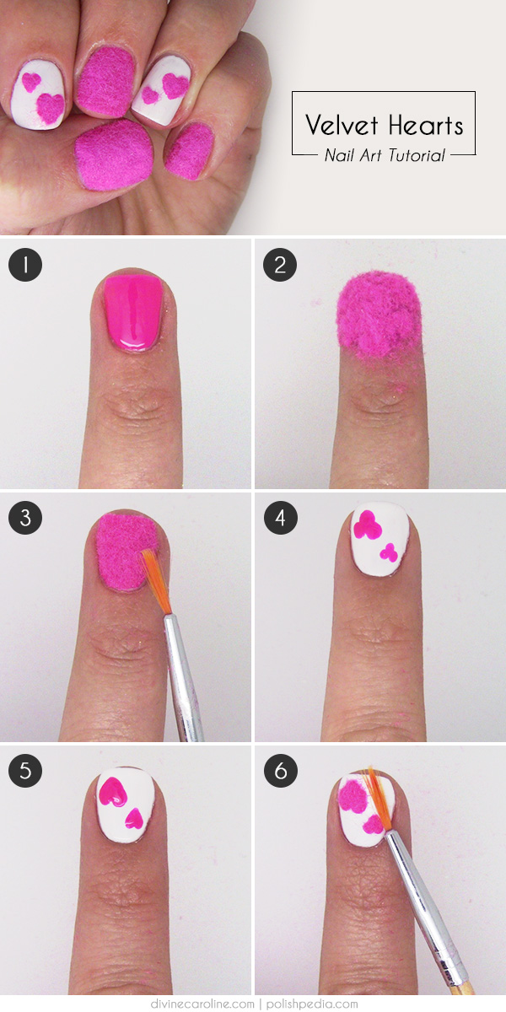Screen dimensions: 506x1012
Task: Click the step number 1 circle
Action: (25, 265)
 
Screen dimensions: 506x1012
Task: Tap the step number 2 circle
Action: (280, 265)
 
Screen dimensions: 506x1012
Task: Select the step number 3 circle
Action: (25, 518)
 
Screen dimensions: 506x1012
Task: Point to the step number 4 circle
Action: (280, 518)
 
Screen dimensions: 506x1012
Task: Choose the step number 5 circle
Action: (25, 771)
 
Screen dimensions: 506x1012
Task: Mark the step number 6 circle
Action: (280, 771)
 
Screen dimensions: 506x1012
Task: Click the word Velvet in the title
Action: (342, 125)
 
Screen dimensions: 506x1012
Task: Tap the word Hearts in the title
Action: (426, 125)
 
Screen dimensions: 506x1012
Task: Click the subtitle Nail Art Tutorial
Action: (385, 155)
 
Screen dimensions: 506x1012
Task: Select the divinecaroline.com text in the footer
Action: (202, 1004)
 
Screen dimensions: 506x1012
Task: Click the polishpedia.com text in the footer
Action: (312, 1004)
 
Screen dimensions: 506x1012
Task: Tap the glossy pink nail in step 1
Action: (133, 313)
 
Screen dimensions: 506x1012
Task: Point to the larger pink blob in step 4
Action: (367, 525)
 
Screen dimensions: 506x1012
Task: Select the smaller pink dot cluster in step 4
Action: (389, 553)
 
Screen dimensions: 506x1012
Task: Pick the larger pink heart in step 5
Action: (112, 793)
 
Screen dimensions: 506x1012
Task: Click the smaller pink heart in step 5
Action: (134, 819)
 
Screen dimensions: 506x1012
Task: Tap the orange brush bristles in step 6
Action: (379, 799)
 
